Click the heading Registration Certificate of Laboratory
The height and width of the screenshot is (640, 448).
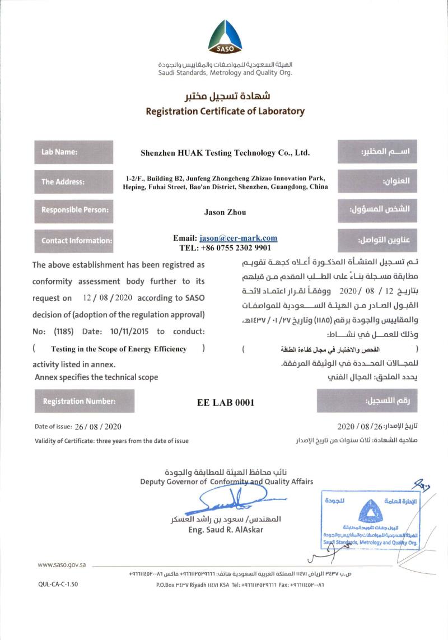[x=225, y=111]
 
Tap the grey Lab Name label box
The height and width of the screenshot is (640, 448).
[x=73, y=152]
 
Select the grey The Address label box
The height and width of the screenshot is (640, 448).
[x=73, y=181]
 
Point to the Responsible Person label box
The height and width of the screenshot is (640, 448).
[x=73, y=211]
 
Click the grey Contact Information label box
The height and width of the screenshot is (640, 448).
[x=73, y=240]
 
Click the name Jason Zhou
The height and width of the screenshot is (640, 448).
[x=225, y=212]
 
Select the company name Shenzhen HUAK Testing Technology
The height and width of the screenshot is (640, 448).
[x=225, y=152]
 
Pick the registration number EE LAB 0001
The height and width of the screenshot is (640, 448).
[x=226, y=402]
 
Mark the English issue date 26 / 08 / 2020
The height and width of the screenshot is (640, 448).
[x=94, y=427]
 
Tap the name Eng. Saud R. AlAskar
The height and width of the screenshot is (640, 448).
[x=226, y=530]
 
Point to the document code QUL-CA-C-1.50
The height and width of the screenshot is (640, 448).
[x=58, y=584]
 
